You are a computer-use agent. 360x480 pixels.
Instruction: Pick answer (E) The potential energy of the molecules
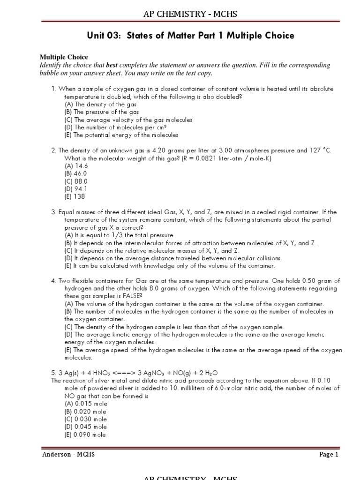pyautogui.click(x=121, y=135)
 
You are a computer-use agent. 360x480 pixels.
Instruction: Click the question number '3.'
pyautogui.click(x=54, y=212)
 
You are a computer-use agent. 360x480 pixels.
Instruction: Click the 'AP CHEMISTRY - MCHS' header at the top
pyautogui.click(x=190, y=14)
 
